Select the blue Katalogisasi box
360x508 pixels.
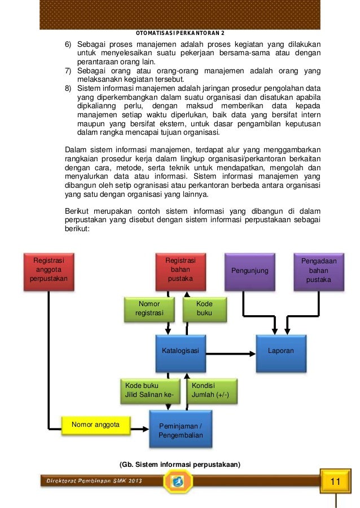click(x=180, y=351)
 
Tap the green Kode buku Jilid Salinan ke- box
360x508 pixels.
click(x=150, y=390)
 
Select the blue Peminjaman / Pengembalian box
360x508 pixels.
click(x=181, y=430)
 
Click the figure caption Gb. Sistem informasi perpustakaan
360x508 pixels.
click(x=180, y=465)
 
